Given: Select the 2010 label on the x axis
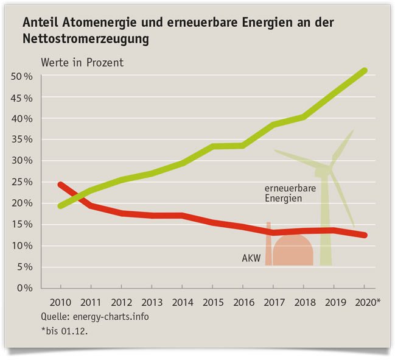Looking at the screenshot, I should click(x=60, y=302).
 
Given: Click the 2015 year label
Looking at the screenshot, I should click(x=212, y=302).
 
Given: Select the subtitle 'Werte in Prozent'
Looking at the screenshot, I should click(x=82, y=62).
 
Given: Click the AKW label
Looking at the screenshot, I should click(x=251, y=259).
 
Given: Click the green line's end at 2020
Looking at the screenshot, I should click(x=364, y=71).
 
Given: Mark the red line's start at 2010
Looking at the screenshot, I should click(x=60, y=184).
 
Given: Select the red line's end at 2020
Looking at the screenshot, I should click(x=364, y=235).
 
